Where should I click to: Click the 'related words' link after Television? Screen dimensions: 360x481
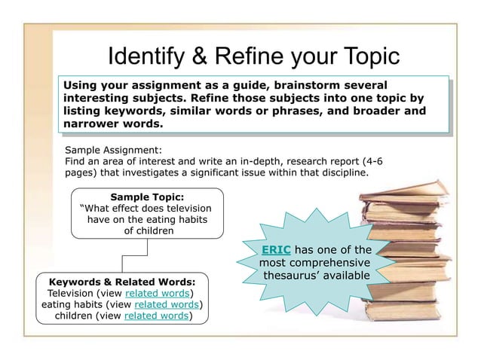tap(158, 292)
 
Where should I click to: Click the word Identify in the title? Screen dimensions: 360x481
tap(144, 55)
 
